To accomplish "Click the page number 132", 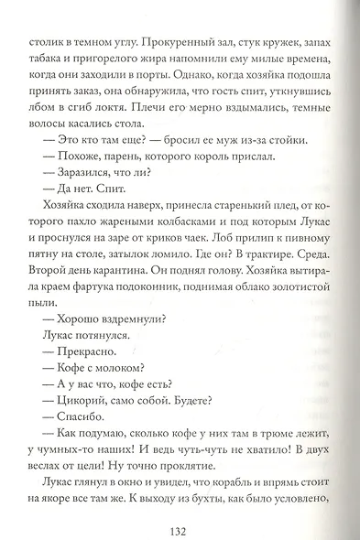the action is click(x=180, y=506).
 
